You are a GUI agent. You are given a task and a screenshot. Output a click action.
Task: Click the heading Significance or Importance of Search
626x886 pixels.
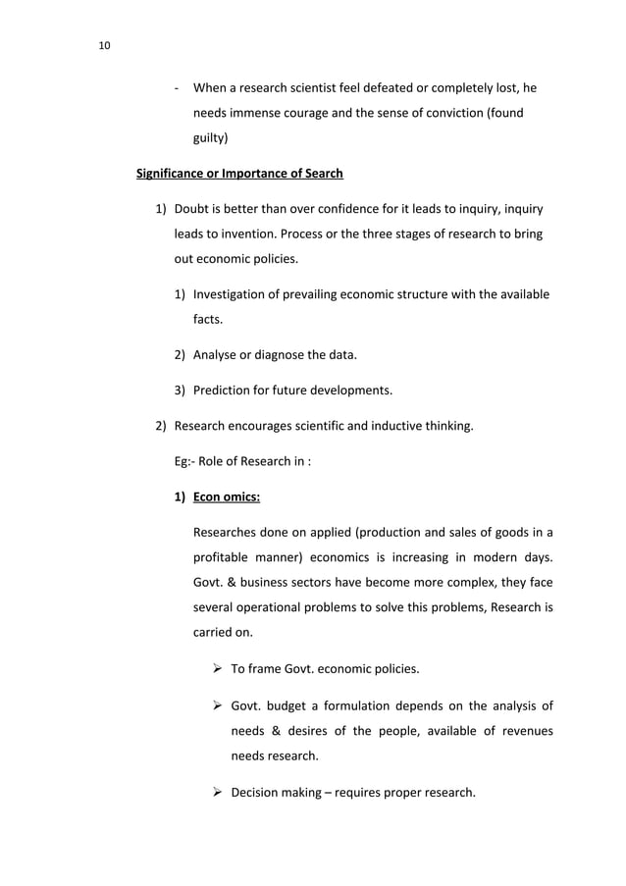coord(239,174)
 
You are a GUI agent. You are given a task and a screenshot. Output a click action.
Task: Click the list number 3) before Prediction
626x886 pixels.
coord(181,390)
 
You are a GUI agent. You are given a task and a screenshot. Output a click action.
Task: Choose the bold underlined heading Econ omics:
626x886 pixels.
coord(226,496)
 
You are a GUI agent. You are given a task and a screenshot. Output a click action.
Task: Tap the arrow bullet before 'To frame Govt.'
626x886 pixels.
coord(215,669)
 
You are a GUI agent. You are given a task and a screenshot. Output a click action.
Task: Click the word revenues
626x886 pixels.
coord(521,732)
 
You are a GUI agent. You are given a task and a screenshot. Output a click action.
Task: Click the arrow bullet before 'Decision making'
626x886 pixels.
coord(215,793)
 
